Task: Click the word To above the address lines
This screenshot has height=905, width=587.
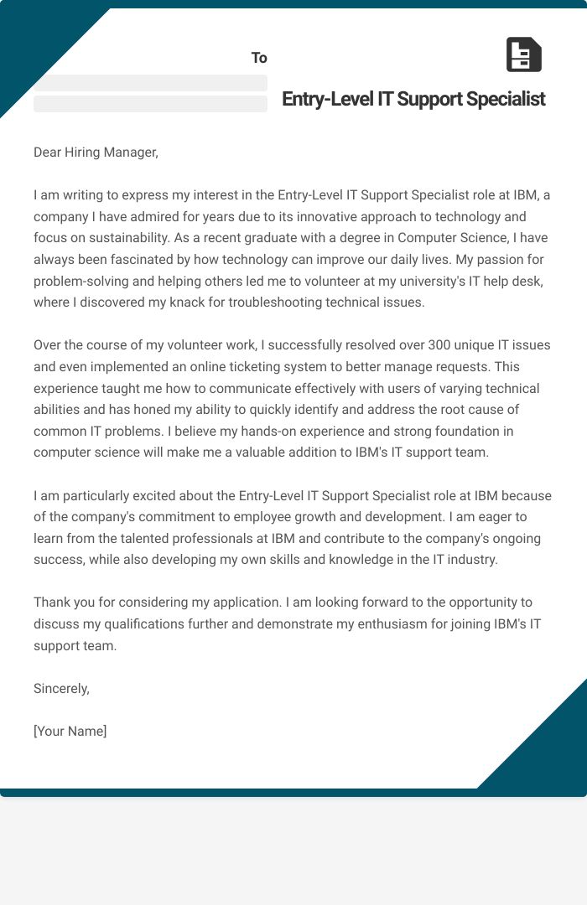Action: [x=259, y=58]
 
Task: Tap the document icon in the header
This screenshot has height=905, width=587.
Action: [x=524, y=54]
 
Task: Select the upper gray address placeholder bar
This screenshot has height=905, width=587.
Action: [x=150, y=83]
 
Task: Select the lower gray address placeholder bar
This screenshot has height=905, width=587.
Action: [x=150, y=104]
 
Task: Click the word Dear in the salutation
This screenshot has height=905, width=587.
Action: [x=49, y=152]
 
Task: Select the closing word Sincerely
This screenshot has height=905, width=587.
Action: [x=61, y=688]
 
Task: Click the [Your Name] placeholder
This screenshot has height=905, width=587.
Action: [x=70, y=731]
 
